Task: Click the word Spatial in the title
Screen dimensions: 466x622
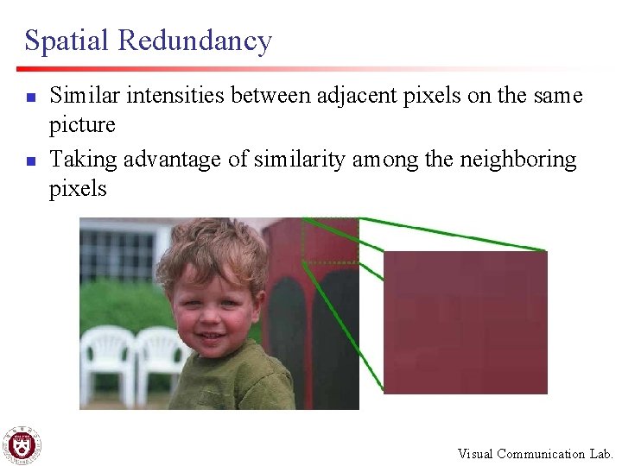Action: (67, 41)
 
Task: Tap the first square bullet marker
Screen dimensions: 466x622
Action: (29, 98)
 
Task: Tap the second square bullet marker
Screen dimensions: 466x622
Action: (29, 161)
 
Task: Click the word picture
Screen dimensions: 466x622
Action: (82, 125)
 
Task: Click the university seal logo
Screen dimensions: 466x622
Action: (21, 445)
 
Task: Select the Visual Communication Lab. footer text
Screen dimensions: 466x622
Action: (535, 454)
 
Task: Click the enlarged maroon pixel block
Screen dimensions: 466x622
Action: (465, 322)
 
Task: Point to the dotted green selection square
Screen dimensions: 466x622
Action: (330, 239)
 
